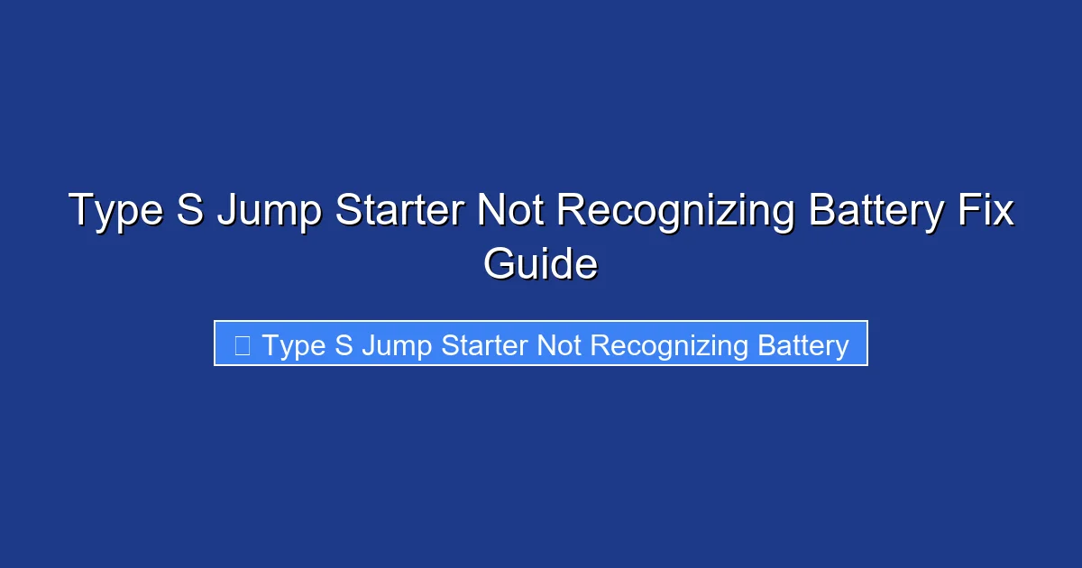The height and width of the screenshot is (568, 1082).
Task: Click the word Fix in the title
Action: tap(987, 210)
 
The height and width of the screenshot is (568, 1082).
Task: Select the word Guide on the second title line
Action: tap(540, 264)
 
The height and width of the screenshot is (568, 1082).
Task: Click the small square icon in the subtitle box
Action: tap(242, 345)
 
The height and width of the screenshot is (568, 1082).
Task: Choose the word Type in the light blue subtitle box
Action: tap(294, 346)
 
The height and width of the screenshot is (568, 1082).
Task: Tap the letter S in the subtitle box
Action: tap(344, 344)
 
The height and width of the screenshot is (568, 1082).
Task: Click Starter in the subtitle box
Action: tap(485, 344)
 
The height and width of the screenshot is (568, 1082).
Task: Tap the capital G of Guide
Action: tap(499, 264)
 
